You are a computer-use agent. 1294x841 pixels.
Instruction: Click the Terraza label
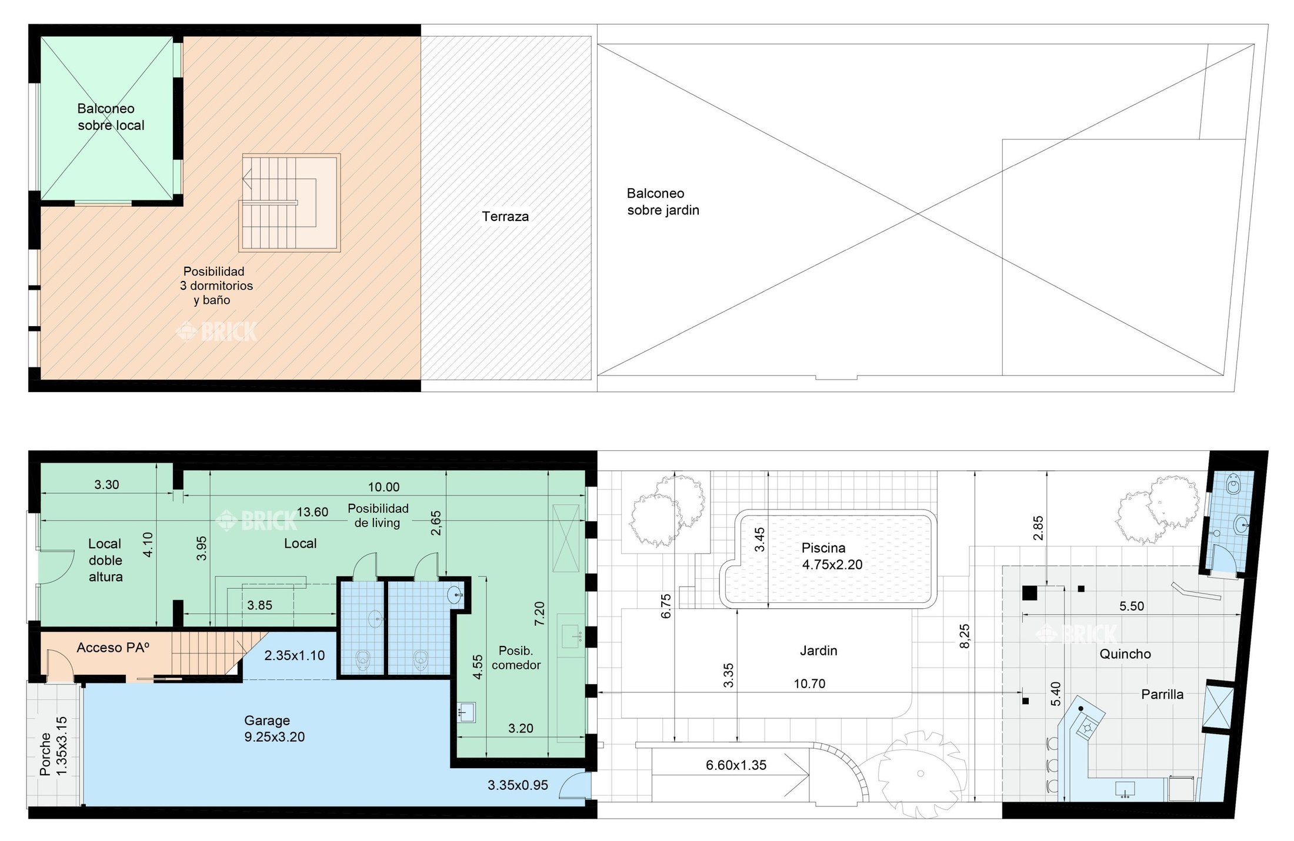tap(505, 216)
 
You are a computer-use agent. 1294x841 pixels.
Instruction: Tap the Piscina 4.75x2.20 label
tap(832, 556)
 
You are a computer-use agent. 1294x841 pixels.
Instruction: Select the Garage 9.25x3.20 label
tap(274, 728)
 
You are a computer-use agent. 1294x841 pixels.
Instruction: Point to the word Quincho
tap(1125, 654)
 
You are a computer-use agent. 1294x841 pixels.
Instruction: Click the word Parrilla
tap(1162, 694)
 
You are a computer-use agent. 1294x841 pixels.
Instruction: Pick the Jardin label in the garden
tap(818, 651)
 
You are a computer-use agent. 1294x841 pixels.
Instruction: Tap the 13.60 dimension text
tap(312, 512)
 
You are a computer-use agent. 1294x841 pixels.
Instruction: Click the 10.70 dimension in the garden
tap(809, 683)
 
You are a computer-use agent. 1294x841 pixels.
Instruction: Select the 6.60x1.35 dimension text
tap(736, 765)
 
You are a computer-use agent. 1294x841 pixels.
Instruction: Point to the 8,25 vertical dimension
tap(964, 636)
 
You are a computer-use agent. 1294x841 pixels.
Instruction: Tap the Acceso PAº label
tap(113, 647)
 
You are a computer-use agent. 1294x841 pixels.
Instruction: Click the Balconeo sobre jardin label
tap(663, 202)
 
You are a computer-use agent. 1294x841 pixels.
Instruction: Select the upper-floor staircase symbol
tap(289, 203)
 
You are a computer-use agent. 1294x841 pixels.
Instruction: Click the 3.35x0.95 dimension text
tap(518, 785)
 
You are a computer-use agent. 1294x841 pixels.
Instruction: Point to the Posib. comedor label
tap(516, 658)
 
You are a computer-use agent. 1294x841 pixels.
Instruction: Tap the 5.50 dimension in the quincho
tap(1131, 606)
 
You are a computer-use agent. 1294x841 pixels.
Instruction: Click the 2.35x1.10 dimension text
tap(294, 655)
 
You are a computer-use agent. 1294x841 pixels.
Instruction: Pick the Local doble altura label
tap(105, 560)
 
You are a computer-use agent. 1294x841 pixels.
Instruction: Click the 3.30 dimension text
tap(106, 484)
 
